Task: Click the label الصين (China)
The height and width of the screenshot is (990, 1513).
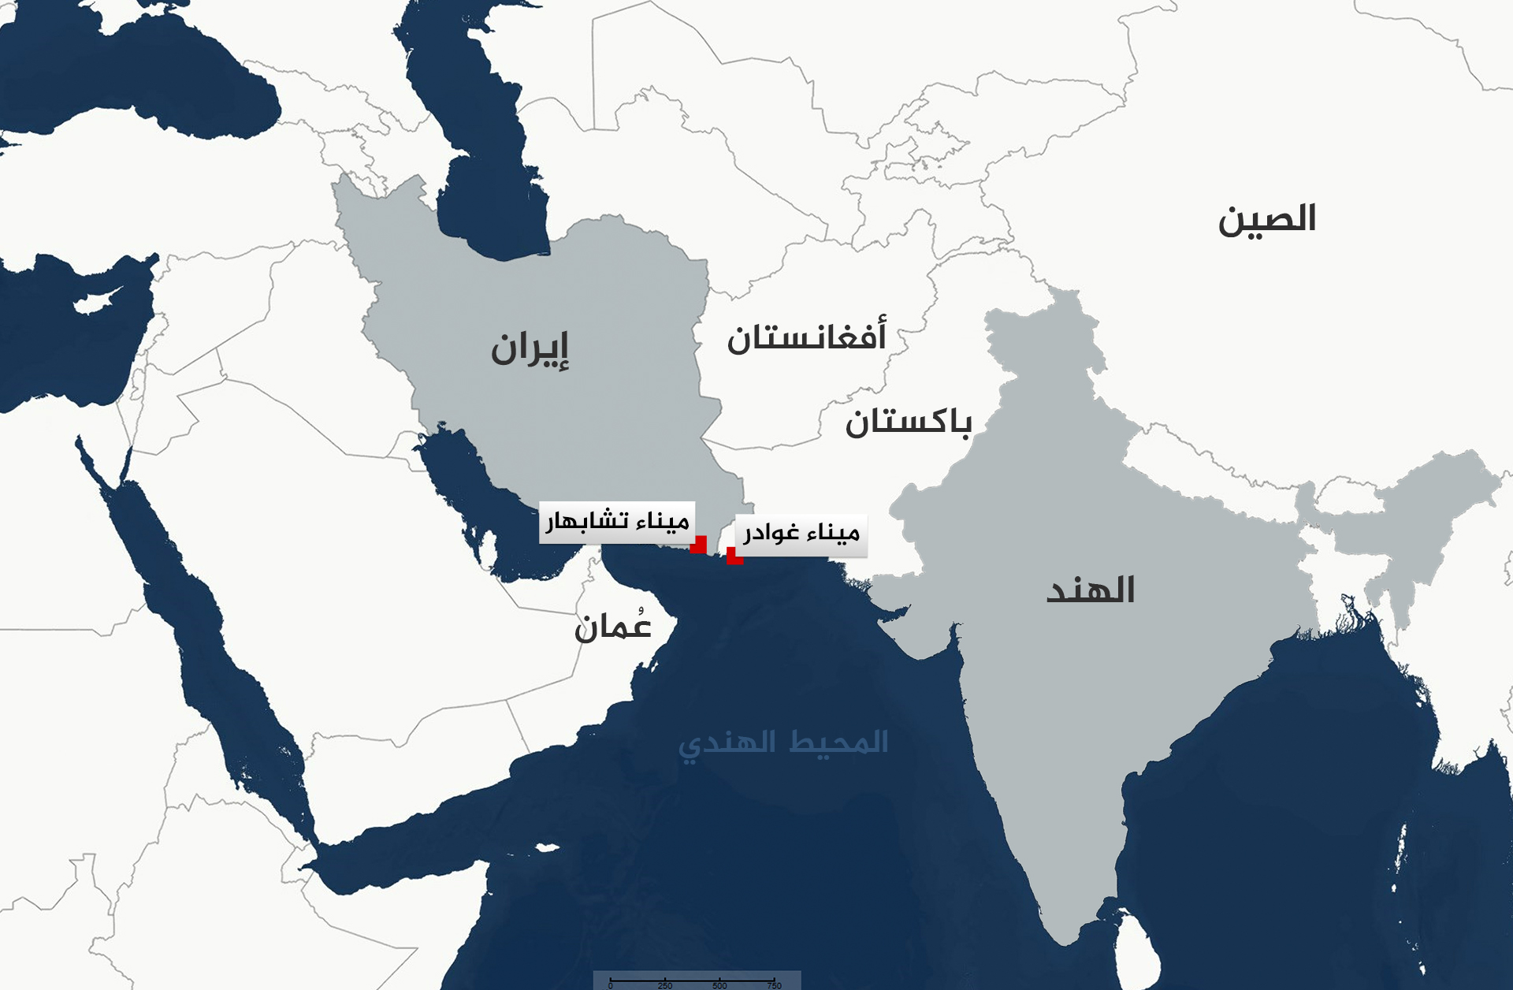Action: tap(1267, 220)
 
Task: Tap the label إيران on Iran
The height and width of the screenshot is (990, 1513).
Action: tap(530, 349)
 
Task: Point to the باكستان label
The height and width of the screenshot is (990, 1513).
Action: tap(908, 422)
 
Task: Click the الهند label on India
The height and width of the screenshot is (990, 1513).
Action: tap(1091, 590)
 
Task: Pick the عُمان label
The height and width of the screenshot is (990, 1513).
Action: tap(613, 626)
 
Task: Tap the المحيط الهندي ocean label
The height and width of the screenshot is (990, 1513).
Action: tap(783, 743)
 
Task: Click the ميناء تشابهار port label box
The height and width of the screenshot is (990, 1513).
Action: tap(616, 522)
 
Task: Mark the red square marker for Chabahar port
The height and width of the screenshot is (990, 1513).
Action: tap(698, 545)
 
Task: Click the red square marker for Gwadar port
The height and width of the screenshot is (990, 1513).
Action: tap(734, 556)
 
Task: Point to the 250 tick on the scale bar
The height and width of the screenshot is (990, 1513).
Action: tap(665, 984)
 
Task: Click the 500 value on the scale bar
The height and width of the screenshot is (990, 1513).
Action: tap(719, 985)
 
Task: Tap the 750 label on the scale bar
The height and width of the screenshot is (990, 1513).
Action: tap(775, 985)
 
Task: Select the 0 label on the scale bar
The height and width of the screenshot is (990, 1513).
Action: tap(611, 985)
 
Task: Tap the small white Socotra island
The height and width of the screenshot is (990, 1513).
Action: tap(545, 849)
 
